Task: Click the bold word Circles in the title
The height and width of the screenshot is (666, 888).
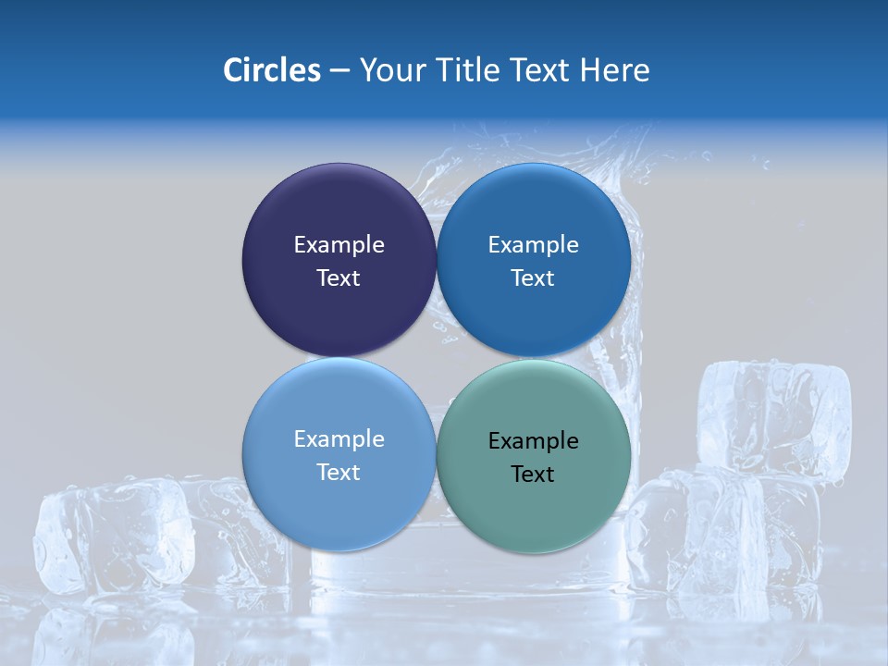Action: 271,70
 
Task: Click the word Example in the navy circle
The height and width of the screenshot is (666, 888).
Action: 339,245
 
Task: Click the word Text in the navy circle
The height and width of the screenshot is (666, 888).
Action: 339,278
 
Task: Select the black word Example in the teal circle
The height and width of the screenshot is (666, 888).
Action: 533,441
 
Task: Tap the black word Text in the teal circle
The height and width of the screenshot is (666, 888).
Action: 533,475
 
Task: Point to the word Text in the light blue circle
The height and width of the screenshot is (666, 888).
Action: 339,473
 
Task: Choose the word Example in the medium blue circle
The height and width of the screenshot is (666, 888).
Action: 533,245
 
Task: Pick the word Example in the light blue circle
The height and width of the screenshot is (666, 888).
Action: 339,439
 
